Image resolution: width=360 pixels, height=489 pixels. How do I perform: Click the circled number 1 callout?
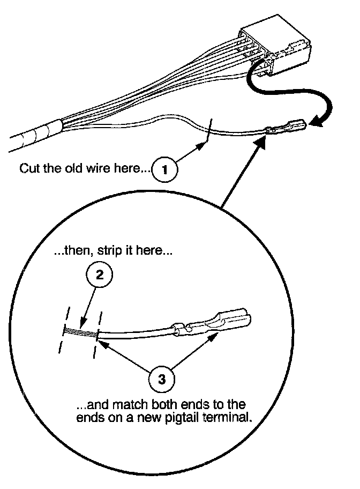point(165,169)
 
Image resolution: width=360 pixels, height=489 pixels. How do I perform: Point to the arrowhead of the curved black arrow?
point(316,124)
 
